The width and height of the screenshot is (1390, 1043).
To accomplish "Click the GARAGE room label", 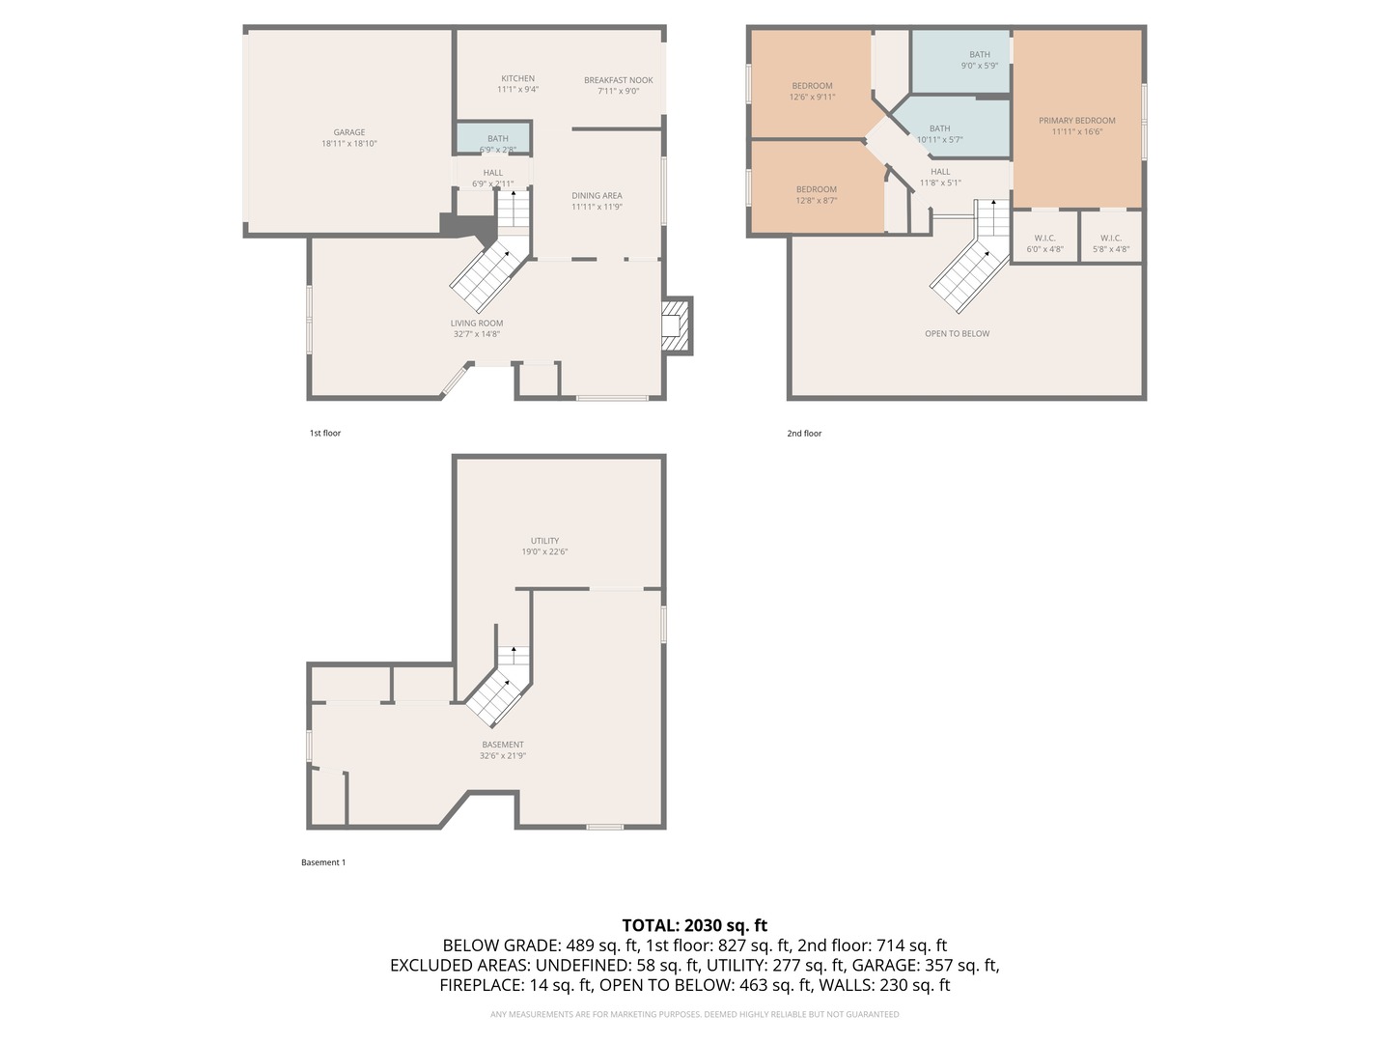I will click(x=349, y=133).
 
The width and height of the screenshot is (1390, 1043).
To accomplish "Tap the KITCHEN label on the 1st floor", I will click(x=517, y=79).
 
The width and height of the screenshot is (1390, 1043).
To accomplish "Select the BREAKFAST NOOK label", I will click(x=618, y=81).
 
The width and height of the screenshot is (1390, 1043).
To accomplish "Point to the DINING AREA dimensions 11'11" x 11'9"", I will click(x=597, y=207).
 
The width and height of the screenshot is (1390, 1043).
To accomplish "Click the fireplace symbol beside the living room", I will click(x=675, y=325).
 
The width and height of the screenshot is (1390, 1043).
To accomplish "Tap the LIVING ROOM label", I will click(x=477, y=324).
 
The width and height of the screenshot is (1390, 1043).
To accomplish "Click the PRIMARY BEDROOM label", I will click(x=1076, y=121).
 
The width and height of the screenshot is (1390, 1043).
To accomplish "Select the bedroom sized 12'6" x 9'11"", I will click(x=812, y=91).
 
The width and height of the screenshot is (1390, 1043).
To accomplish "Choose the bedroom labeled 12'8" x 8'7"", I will click(x=816, y=195).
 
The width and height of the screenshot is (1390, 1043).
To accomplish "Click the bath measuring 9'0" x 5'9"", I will click(x=979, y=60).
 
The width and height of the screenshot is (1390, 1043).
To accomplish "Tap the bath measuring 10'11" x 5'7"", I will click(x=939, y=134).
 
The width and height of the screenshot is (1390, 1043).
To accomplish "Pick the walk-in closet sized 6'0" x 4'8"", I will click(x=1044, y=243).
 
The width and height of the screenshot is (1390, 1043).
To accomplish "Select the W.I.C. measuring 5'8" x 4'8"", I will click(x=1110, y=243).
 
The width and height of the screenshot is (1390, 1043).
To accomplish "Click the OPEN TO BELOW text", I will click(x=957, y=334).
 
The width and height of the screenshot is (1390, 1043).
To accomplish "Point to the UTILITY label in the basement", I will click(x=544, y=542).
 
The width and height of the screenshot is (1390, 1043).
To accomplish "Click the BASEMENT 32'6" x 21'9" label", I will click(x=503, y=750).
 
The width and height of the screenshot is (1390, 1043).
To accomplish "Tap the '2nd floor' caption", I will click(x=804, y=434).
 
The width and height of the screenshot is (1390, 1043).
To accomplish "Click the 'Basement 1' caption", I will click(x=322, y=862).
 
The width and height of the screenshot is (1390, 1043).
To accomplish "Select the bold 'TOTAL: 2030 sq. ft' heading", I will click(x=694, y=925).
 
